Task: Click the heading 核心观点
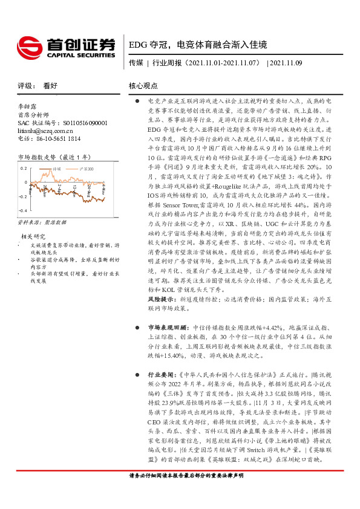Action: pyautogui.click(x=143, y=86)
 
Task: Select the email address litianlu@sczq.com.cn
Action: pyautogui.click(x=46, y=130)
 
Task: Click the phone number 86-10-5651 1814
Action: pyautogui.click(x=55, y=138)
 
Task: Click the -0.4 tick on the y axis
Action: pyautogui.click(x=22, y=210)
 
